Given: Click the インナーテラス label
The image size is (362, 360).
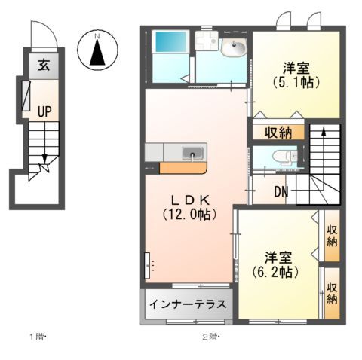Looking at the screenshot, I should (x=188, y=305).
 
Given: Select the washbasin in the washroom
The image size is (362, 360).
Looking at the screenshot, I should (x=234, y=49).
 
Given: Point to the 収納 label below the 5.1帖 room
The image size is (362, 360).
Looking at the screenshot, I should (x=278, y=133).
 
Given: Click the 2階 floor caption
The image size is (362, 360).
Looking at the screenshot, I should (x=210, y=335).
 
